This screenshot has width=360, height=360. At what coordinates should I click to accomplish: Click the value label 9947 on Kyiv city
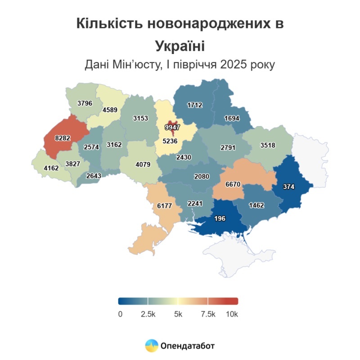172,127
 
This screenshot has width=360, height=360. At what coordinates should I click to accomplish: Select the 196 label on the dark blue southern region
220,219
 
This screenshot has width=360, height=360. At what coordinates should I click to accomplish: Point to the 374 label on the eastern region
288,186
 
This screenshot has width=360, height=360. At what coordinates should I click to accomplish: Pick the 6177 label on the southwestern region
164,206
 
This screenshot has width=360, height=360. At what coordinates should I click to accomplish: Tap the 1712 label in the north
195,105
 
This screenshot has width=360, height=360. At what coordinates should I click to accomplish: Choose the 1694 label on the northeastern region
232,118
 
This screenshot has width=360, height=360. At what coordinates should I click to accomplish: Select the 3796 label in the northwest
85,103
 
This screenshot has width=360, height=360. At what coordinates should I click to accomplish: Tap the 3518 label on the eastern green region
268,145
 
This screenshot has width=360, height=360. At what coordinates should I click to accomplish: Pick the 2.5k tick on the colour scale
148,314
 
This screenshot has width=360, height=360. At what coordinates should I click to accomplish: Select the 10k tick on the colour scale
232,314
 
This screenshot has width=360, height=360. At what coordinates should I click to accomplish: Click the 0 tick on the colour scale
120,314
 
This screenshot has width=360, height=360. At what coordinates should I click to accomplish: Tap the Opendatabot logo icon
151,346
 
